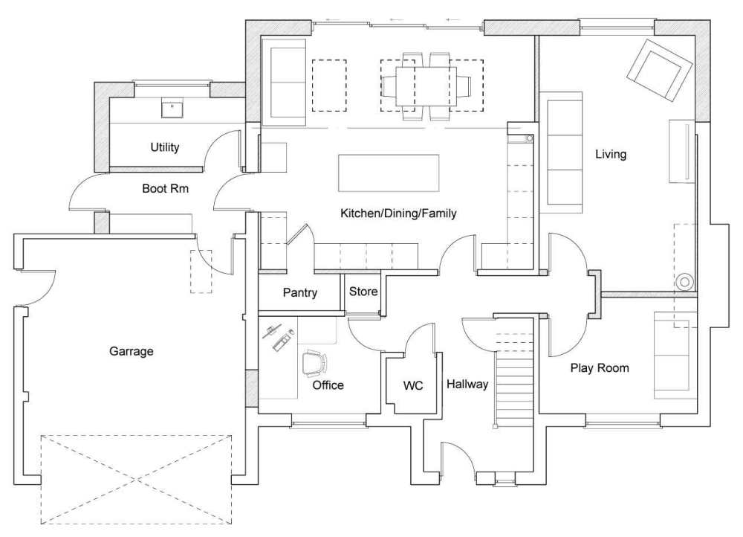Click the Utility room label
[x=165, y=147]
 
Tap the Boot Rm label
[x=165, y=189]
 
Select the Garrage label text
[x=132, y=351]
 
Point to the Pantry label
[x=300, y=293]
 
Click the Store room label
[x=363, y=292]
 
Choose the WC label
[x=413, y=386]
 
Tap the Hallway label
[x=467, y=384]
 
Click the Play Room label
[x=600, y=367]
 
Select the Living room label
[x=611, y=155]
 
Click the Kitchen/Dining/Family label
[x=398, y=213]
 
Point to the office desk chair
[x=314, y=364]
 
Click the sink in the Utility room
[x=173, y=109]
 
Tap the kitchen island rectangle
[x=388, y=173]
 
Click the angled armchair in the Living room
[x=659, y=71]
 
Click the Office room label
[x=328, y=385]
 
